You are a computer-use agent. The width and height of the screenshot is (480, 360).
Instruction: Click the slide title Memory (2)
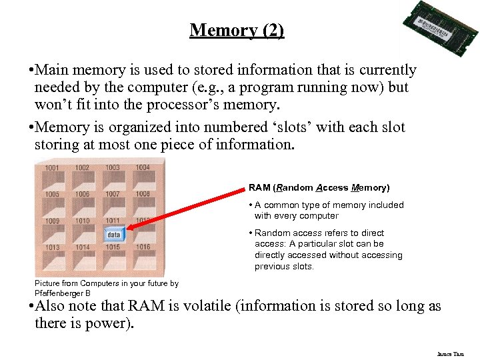[x=237, y=30]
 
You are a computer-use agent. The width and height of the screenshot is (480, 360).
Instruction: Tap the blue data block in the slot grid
[x=113, y=235]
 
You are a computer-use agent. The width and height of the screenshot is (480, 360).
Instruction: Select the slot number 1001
[x=52, y=168]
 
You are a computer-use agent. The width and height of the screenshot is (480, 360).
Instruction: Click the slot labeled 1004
[x=143, y=168]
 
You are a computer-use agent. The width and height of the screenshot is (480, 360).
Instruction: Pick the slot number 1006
[x=82, y=194]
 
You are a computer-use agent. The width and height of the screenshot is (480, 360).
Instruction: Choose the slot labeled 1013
[x=52, y=247]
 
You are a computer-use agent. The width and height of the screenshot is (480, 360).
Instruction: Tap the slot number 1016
[x=143, y=247]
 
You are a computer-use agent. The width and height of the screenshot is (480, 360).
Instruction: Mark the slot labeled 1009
[x=52, y=221]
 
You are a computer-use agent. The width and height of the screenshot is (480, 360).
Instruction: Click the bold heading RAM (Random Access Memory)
[x=319, y=188]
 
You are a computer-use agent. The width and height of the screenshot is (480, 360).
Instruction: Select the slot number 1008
[x=143, y=194]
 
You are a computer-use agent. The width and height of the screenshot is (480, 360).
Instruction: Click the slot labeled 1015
[x=113, y=247]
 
